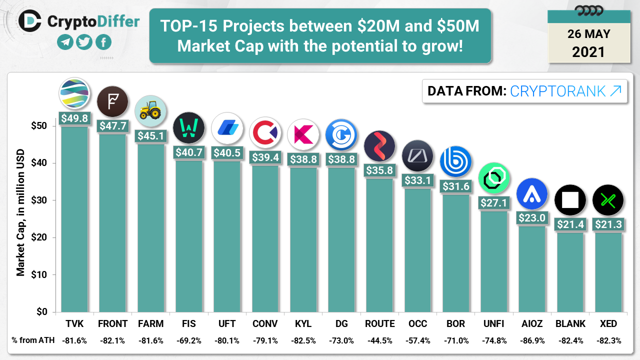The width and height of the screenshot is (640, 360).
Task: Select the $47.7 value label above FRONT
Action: click(112, 126)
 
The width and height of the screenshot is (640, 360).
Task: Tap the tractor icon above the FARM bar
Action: click(150, 111)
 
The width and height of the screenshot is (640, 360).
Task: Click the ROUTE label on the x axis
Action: click(379, 324)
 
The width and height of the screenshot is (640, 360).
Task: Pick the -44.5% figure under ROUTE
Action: click(379, 340)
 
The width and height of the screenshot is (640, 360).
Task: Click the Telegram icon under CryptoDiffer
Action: click(65, 42)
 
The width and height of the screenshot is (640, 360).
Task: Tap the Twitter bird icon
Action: click(84, 42)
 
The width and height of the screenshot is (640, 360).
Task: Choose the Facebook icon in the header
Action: click(103, 42)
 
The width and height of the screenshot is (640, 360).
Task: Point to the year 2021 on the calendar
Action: click(588, 51)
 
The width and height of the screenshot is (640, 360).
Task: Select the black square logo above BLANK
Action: click(570, 200)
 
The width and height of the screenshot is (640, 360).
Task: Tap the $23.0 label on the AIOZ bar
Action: click(532, 218)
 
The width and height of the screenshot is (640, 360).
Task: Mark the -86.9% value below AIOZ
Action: click(532, 340)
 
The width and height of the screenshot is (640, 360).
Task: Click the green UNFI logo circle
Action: click(494, 178)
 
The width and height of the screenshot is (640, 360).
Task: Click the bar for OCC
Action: click(417, 250)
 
